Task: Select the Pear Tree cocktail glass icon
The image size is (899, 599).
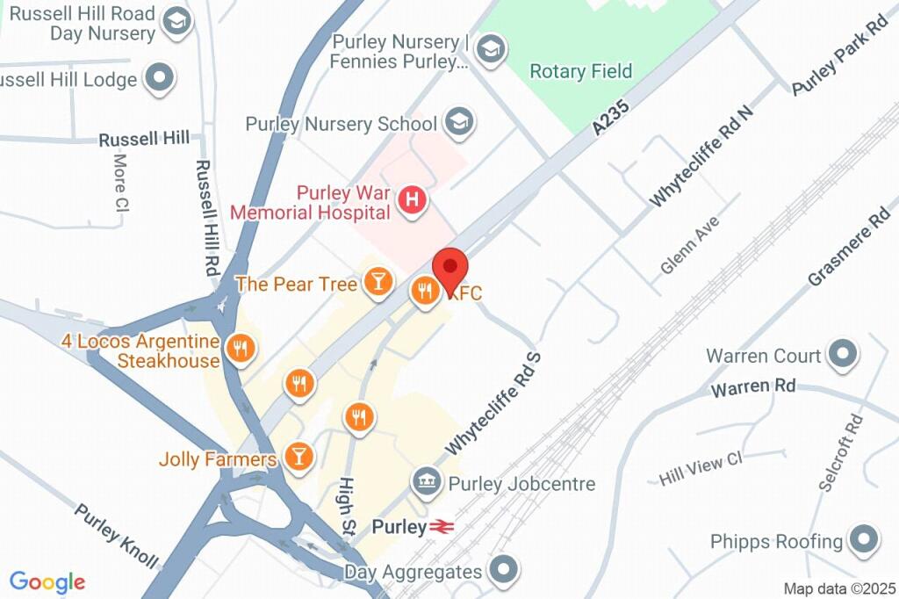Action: pyautogui.click(x=378, y=282)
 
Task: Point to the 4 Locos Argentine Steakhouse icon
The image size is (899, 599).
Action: pyautogui.click(x=239, y=349)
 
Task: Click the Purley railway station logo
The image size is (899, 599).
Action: pyautogui.click(x=440, y=528)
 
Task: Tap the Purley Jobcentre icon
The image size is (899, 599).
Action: pyautogui.click(x=428, y=482)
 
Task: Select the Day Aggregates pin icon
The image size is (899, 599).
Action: pyautogui.click(x=503, y=571)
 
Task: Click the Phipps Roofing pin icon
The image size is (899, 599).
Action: pyautogui.click(x=864, y=541)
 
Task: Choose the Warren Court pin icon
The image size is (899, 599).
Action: pyautogui.click(x=843, y=355)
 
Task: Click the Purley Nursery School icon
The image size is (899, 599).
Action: pyautogui.click(x=457, y=123)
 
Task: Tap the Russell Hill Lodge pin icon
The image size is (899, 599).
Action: pyautogui.click(x=159, y=79)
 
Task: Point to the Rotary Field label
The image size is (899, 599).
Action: pyautogui.click(x=581, y=71)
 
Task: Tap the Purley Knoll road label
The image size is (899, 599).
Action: pyautogui.click(x=116, y=535)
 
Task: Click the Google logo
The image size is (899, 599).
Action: pyautogui.click(x=47, y=581)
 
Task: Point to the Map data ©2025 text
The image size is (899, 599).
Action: pyautogui.click(x=838, y=588)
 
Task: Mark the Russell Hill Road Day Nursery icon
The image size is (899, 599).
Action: pyautogui.click(x=178, y=23)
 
